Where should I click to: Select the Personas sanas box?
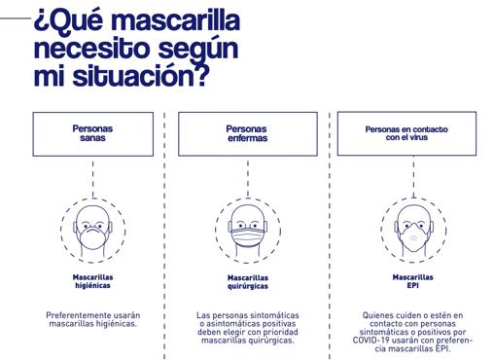[x=93, y=133]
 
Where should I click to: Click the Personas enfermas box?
[x=247, y=133]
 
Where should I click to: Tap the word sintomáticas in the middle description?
[x=274, y=315]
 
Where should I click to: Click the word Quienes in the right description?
[x=377, y=315]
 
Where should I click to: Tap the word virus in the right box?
[x=421, y=138]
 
